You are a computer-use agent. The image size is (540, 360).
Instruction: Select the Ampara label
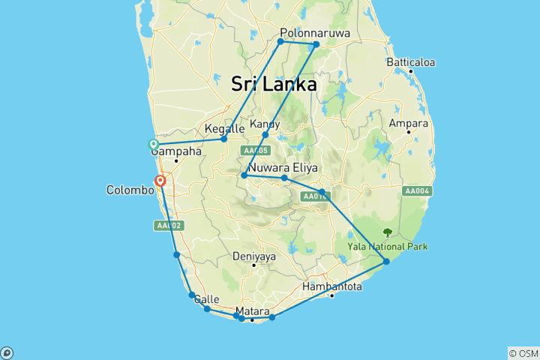coord(409,123)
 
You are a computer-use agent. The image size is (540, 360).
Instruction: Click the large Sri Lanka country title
coord(274,85)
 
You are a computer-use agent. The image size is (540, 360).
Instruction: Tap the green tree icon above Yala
coord(388,233)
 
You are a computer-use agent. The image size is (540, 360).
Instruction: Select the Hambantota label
coord(332,286)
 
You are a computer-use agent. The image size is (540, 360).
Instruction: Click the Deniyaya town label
coord(254,256)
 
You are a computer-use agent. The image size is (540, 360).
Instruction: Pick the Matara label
coord(252,310)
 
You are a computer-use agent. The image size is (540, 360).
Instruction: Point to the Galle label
coord(206,299)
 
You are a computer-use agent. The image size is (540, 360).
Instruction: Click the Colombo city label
coord(130,190)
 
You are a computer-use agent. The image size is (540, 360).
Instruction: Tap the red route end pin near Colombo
coord(160,181)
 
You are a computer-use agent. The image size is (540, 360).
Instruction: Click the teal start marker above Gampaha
coord(153,144)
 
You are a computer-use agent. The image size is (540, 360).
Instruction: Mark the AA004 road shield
coord(417,190)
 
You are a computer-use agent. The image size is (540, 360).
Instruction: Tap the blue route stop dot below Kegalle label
coord(223,139)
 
